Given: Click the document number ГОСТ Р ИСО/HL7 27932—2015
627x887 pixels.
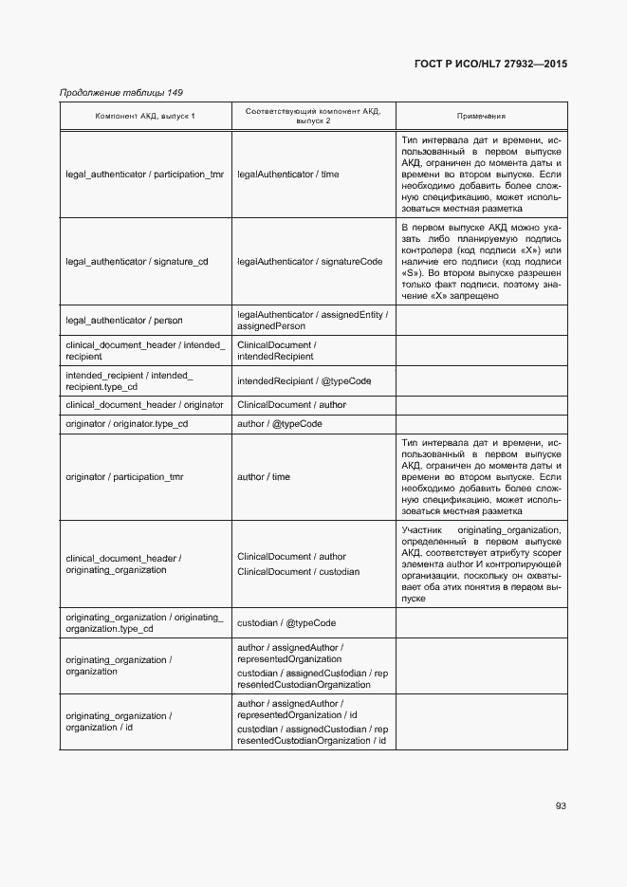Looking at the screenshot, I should [x=490, y=65].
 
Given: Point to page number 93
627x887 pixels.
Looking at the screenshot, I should [x=561, y=805].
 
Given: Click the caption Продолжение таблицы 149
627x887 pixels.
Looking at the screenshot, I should [x=121, y=92].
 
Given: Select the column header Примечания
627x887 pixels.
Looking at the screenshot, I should [x=481, y=116].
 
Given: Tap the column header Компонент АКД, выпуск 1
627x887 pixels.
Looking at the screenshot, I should [x=145, y=116].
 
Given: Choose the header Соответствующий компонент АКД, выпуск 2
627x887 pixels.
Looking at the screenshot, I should [x=312, y=116].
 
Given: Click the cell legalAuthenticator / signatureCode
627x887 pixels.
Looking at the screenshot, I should [x=310, y=262].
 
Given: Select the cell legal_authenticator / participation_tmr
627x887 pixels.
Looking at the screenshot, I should [x=145, y=175].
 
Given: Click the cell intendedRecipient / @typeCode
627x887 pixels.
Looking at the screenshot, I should [x=304, y=380].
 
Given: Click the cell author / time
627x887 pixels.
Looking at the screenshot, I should [x=264, y=476].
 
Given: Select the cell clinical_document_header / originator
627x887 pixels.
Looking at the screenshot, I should [x=144, y=404].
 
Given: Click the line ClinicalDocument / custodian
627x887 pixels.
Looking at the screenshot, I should [x=298, y=572].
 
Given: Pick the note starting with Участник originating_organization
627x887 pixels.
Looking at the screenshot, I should [x=481, y=564].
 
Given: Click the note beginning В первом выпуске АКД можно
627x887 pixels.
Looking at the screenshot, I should [x=481, y=262].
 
